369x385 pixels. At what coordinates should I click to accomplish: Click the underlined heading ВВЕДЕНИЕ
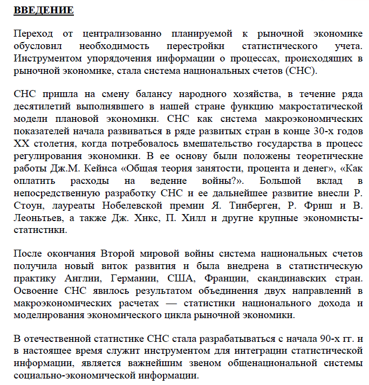pos(44,11)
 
